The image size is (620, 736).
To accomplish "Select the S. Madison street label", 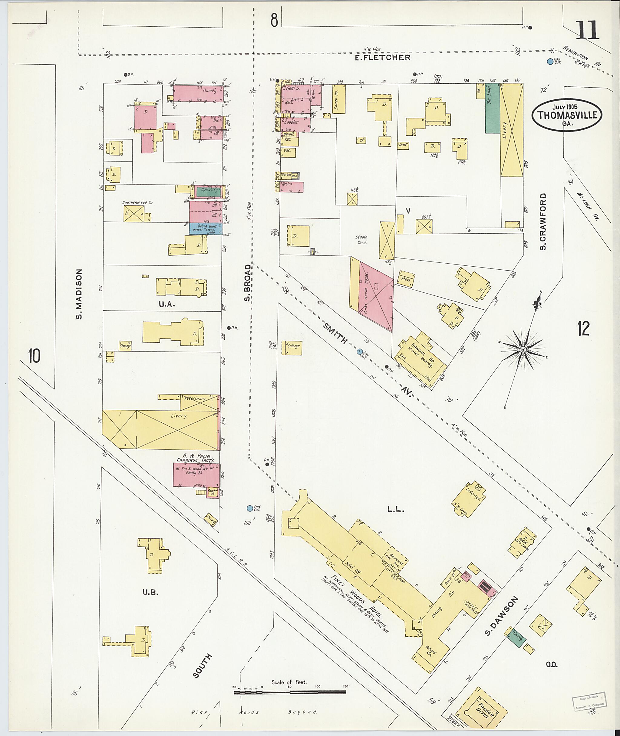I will point(79,294).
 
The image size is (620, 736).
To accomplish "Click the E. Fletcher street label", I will point(382,58).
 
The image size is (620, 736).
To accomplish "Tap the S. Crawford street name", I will point(543,221).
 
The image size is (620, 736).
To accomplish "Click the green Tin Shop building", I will point(493,108).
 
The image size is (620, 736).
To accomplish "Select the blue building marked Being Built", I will point(205,228).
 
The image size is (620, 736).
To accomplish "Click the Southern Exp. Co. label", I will point(138,203).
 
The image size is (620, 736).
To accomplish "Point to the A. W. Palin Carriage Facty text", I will point(194,458).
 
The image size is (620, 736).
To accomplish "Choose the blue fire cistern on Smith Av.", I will point(360,351).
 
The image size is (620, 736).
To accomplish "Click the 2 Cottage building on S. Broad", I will point(292,347).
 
